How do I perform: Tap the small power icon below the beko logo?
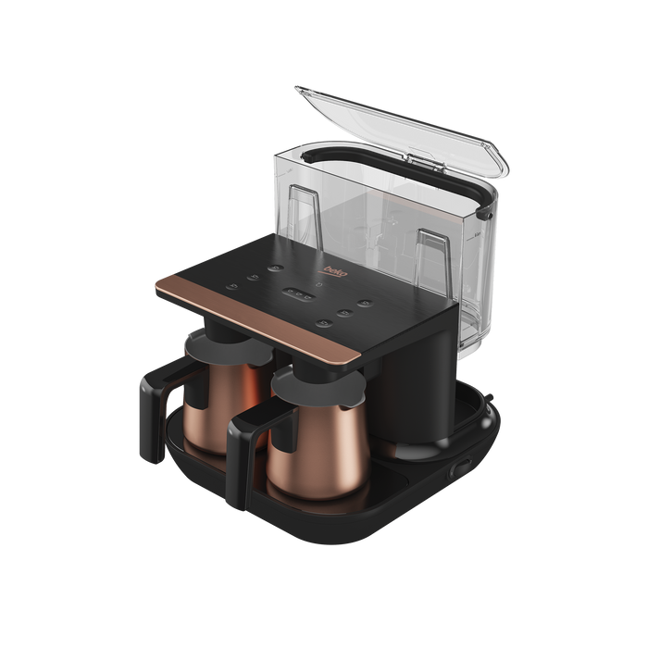[x=318, y=284]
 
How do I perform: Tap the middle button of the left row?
[x=254, y=278]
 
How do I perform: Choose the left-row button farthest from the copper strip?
[x=276, y=268]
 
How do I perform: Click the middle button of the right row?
[x=344, y=313]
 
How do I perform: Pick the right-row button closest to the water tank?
[x=365, y=304]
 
